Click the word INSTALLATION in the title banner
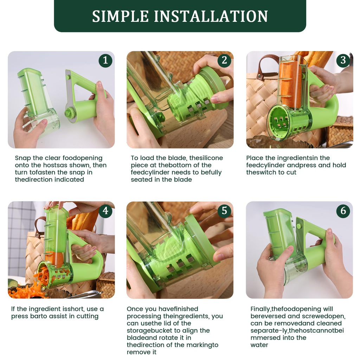click(211, 16)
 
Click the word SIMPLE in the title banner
click(121, 16)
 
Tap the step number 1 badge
click(105, 60)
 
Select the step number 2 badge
click(224, 60)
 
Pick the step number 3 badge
click(343, 60)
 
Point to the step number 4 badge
click(105, 211)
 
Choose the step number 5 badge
click(224, 211)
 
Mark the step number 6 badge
click(343, 211)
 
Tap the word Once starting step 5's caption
click(135, 309)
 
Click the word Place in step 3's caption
click(255, 158)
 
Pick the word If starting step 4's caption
click(13, 309)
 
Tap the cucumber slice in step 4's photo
click(13, 283)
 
